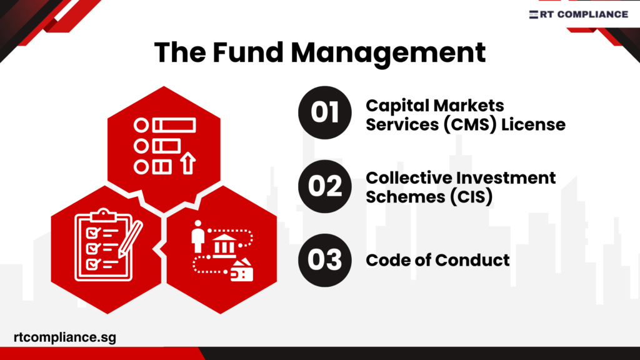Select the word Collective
[413, 177]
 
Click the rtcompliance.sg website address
[64, 337]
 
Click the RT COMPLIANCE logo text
[585, 14]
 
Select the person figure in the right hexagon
[198, 235]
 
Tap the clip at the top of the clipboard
[103, 216]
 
